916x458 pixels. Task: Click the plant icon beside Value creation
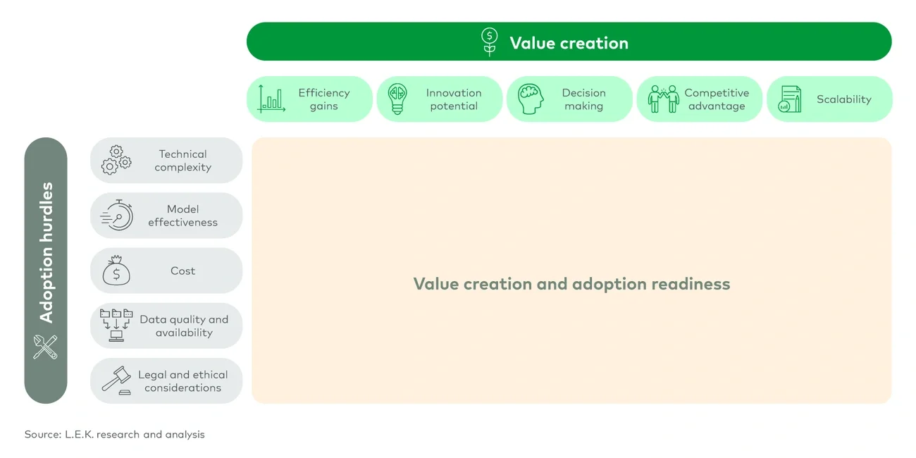[489, 42]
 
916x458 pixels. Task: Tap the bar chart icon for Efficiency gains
[272, 99]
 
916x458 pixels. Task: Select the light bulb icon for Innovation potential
[398, 99]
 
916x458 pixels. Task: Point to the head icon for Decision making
[531, 99]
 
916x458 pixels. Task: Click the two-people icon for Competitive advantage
[663, 99]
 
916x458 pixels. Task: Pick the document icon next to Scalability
[790, 99]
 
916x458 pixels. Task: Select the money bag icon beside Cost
[116, 271]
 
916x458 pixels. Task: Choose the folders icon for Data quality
[116, 326]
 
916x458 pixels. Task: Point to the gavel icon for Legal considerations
[116, 380]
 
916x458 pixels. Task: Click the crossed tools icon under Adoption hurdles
[45, 347]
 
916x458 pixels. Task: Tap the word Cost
[182, 271]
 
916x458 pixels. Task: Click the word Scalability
[843, 99]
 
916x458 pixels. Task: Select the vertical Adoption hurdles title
[47, 252]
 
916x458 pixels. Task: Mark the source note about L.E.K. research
[114, 434]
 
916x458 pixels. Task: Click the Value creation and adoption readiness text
[571, 284]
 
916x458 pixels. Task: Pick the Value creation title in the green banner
[569, 42]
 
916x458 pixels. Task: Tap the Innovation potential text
[454, 99]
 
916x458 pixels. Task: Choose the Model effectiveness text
[182, 216]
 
